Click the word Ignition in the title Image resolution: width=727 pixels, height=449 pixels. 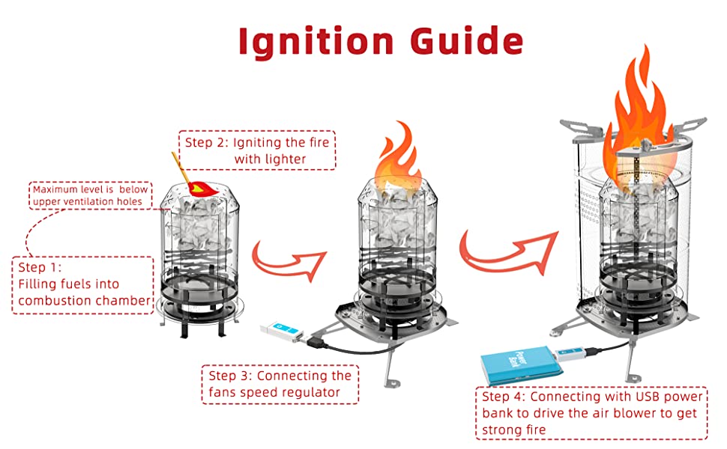click(x=304, y=43)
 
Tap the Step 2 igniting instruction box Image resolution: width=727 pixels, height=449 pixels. click(x=257, y=150)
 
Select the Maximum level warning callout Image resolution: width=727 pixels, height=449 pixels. click(x=91, y=195)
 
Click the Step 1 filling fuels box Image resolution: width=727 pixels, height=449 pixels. click(x=82, y=284)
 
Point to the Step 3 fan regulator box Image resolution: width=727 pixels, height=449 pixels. click(x=280, y=384)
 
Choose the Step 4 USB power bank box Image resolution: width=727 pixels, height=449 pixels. click(x=591, y=412)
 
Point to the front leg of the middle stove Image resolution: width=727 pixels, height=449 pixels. click(x=387, y=370)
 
